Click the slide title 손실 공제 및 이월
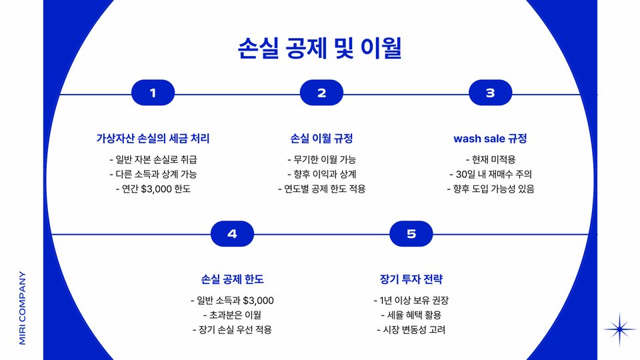[x=320, y=48]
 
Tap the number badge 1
[x=153, y=93]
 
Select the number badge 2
[x=321, y=93]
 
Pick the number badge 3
[x=490, y=93]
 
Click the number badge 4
[x=232, y=233]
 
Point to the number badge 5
[x=411, y=233]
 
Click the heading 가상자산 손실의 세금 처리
[x=153, y=139]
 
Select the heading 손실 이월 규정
[x=321, y=139]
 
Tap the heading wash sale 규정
[x=490, y=139]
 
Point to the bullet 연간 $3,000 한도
[x=153, y=189]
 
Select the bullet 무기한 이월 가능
[x=321, y=159]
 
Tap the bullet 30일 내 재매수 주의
[x=490, y=174]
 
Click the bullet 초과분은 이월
[x=232, y=315]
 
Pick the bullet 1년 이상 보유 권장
[x=411, y=300]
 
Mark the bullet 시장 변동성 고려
[x=411, y=329]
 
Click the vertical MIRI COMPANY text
[x=23, y=307]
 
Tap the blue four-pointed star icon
[x=620, y=329]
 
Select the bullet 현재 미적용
[x=490, y=159]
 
